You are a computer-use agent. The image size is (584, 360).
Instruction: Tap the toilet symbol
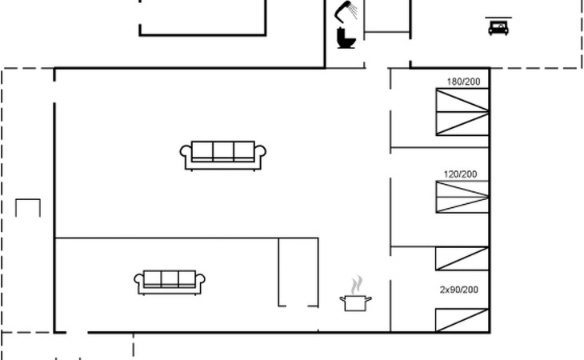pos(346,38)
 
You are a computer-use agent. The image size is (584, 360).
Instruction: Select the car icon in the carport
pos(498,27)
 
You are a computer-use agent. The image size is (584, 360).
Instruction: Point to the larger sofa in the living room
pos(222,156)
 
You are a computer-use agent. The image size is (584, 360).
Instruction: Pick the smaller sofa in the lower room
pos(170,282)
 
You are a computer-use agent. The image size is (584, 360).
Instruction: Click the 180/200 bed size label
pos(463,82)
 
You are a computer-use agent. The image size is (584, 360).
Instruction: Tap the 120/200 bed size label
pos(460,174)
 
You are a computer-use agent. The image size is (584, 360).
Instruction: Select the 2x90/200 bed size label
pos(459,290)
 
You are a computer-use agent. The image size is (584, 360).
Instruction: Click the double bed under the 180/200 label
pos(462,112)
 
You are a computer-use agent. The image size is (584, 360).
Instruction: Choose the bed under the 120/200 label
pos(462,197)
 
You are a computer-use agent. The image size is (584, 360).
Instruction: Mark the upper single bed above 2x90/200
pos(462,258)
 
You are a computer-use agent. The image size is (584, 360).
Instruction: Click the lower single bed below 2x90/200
pos(462,320)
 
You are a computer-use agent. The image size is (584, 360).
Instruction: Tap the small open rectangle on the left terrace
pos(28,199)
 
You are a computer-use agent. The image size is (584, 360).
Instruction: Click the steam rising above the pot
pos(357,285)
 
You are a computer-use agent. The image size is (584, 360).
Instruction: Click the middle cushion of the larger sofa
pos(223,150)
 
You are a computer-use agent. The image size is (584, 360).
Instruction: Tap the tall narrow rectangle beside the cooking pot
pos(298,273)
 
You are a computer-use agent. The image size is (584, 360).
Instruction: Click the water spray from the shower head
pos(354,10)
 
